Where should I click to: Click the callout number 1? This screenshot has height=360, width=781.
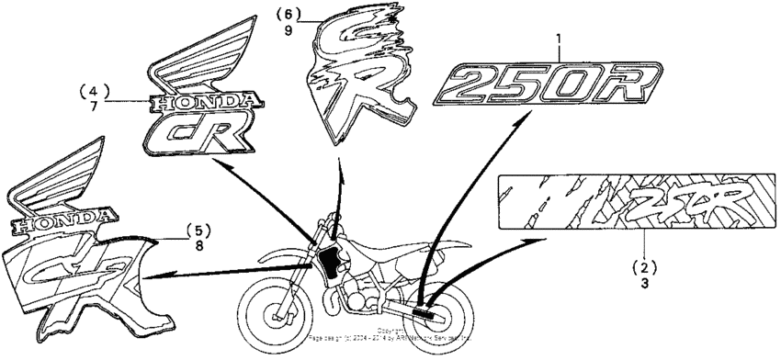click(557, 39)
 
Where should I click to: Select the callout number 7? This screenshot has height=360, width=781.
click(94, 107)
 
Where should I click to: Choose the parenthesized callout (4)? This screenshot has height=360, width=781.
click(94, 91)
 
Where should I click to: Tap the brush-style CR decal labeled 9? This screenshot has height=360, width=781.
click(359, 78)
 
